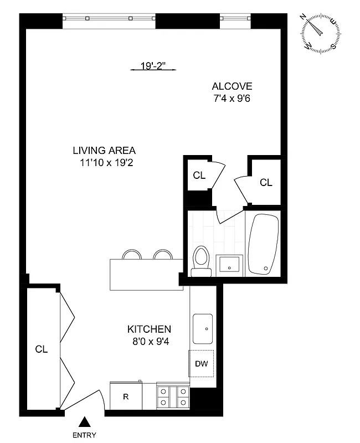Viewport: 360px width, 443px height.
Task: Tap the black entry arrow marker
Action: coord(85,423)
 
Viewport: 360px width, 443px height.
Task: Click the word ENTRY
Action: coord(85,435)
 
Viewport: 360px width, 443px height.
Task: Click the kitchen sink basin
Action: coord(203,329)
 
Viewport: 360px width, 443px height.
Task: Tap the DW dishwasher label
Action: coord(201,364)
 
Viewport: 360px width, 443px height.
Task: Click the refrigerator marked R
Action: coord(126,396)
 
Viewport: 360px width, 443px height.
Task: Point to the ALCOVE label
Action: coord(232,86)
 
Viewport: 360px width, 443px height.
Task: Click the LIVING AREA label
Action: coord(104,151)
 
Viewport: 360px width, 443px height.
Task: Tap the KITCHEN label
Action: coord(149,329)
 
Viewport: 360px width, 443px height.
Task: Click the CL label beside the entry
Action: coord(42,349)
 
